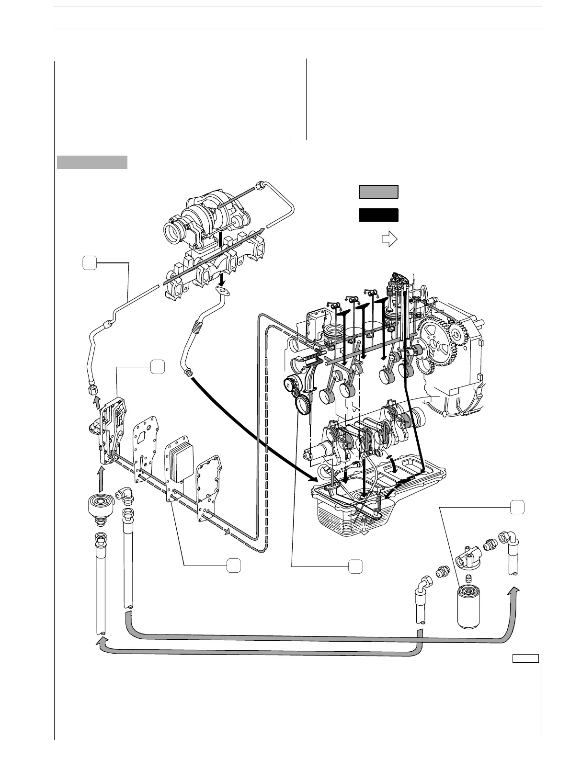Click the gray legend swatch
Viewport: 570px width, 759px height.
point(378,192)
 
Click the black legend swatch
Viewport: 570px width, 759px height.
point(378,215)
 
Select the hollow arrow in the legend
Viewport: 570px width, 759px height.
point(390,238)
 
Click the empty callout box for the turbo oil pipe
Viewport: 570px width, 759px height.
point(89,263)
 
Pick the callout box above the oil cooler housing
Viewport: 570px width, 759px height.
point(158,367)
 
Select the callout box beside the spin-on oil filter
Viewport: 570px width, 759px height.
point(516,507)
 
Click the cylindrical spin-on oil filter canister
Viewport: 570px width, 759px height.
point(472,606)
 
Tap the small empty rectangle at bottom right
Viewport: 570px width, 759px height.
point(526,658)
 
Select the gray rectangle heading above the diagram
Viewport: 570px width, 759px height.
point(92,162)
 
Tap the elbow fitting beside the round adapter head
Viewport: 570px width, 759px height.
point(126,497)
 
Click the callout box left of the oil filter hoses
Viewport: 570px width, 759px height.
point(354,566)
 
